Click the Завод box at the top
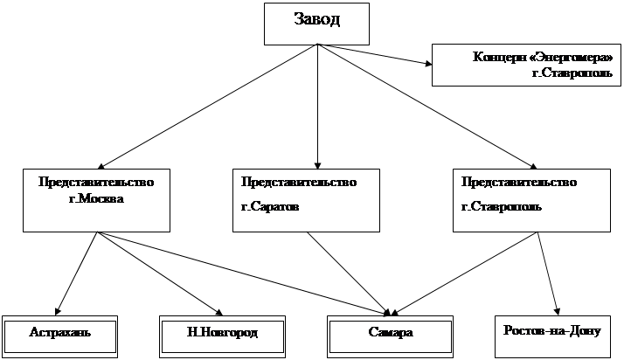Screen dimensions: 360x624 tap(316, 24)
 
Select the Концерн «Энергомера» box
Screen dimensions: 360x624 tap(526, 64)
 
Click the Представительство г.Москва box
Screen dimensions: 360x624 tap(95, 199)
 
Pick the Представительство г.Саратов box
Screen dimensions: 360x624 tap(306, 199)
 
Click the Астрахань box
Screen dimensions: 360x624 tap(59, 334)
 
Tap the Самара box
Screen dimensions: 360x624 tap(391, 334)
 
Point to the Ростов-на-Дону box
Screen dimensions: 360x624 tap(553, 333)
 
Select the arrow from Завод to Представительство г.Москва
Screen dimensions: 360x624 tap(206, 105)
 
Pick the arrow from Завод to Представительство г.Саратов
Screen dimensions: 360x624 tap(316, 105)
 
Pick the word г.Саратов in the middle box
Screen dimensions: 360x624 tap(270, 208)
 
